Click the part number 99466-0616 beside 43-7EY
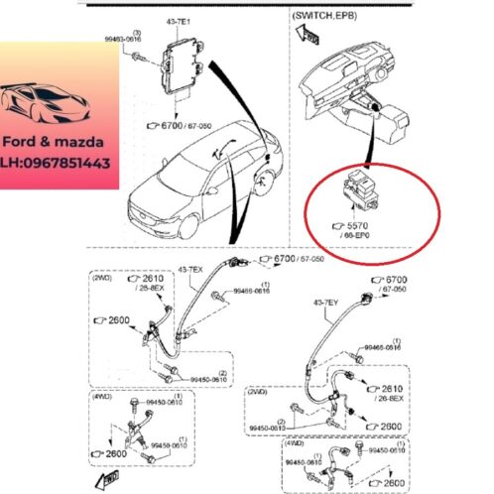[383, 348]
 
